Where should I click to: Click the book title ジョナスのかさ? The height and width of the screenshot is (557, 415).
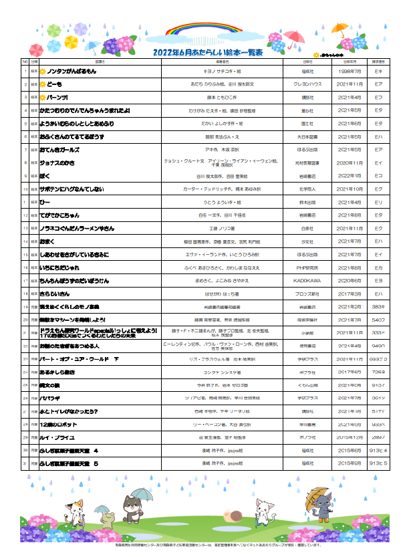click(57, 162)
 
